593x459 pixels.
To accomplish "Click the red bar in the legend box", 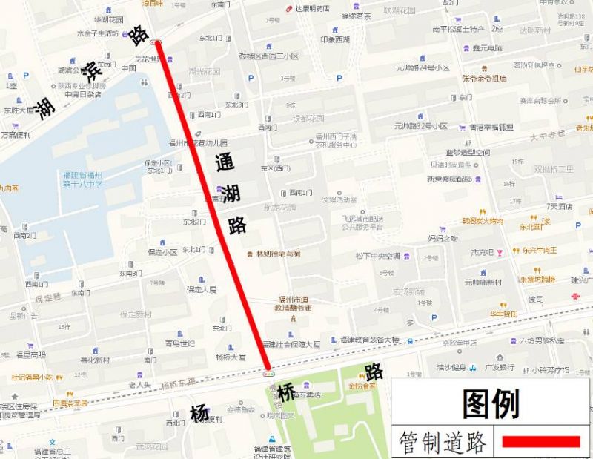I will [x=540, y=442].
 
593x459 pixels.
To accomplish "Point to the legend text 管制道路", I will [x=443, y=442].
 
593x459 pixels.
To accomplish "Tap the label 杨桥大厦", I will [x=231, y=357].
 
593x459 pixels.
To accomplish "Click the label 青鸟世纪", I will [x=179, y=343].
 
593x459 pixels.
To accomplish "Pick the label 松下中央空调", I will [x=377, y=256].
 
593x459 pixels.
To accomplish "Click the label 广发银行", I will [x=500, y=367].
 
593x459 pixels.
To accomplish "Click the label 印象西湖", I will [x=335, y=39].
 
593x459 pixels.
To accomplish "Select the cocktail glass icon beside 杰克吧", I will [x=500, y=252].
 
